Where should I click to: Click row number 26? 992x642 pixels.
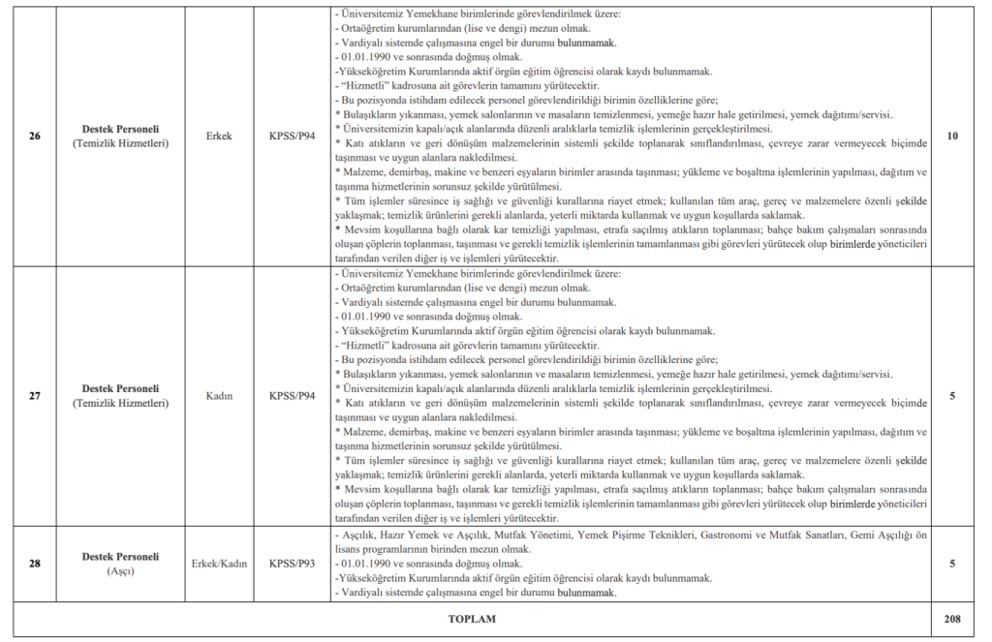[x=35, y=137]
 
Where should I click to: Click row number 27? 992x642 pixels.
[x=35, y=396]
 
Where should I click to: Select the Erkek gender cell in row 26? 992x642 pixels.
[x=219, y=137]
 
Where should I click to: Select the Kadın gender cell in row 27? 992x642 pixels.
[x=219, y=396]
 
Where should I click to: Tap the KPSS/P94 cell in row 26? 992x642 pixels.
[x=293, y=137]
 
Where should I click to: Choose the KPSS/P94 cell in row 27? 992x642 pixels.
[x=293, y=396]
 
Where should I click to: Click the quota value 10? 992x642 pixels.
[x=952, y=137]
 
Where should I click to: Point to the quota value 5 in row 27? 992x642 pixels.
[x=952, y=396]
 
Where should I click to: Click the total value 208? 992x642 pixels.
[x=952, y=617]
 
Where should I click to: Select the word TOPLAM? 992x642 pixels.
[x=472, y=617]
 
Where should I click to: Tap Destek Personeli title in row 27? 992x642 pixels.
[x=120, y=389]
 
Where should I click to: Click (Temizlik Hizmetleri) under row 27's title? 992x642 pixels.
[x=120, y=404]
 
